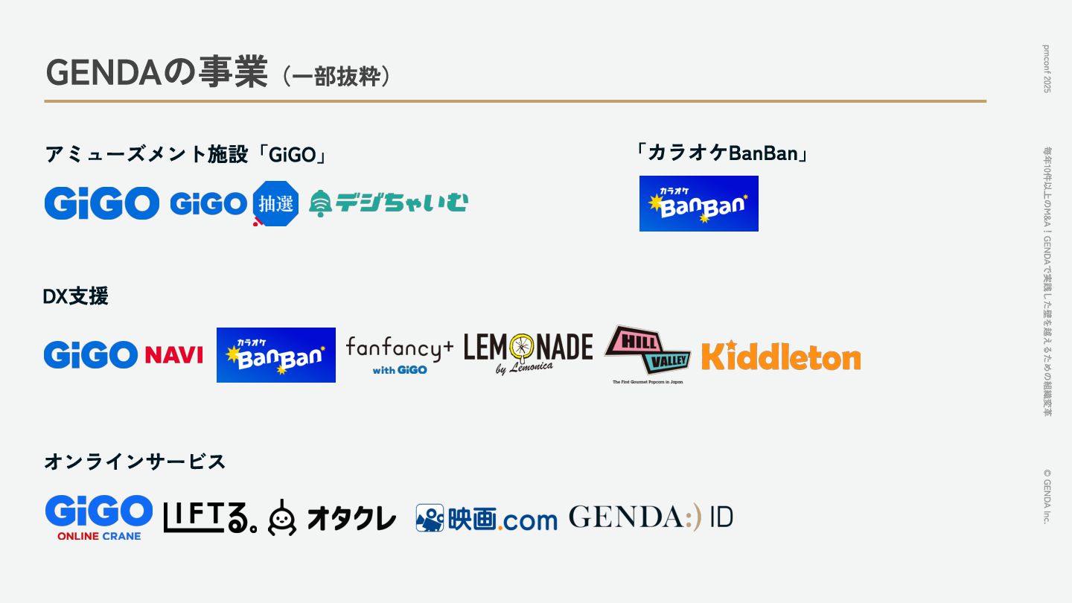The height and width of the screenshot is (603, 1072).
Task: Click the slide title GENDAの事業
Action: [x=156, y=72]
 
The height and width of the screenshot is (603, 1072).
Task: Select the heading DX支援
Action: [x=75, y=296]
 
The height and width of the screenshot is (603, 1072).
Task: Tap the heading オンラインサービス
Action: [x=135, y=462]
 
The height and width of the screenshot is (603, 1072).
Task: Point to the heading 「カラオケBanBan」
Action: [x=721, y=153]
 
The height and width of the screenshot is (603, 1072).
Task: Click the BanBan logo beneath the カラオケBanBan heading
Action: [x=698, y=203]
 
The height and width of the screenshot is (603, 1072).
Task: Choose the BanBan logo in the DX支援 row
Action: [x=275, y=355]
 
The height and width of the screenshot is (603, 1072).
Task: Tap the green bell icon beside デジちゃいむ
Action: [x=320, y=202]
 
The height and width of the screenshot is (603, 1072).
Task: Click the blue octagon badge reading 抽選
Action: [x=275, y=202]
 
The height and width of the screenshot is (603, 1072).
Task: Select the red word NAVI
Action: [x=174, y=355]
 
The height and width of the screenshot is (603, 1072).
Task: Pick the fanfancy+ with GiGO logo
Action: [x=400, y=354]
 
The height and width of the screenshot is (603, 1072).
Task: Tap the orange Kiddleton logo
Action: [x=780, y=356]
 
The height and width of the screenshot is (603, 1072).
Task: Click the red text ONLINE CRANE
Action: [x=99, y=535]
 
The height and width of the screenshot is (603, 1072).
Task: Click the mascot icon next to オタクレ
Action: [x=282, y=517]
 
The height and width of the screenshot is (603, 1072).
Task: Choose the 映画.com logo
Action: [x=486, y=518]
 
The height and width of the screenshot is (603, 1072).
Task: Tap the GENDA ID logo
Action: [x=650, y=517]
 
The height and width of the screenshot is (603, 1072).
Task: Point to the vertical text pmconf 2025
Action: [x=1047, y=68]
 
